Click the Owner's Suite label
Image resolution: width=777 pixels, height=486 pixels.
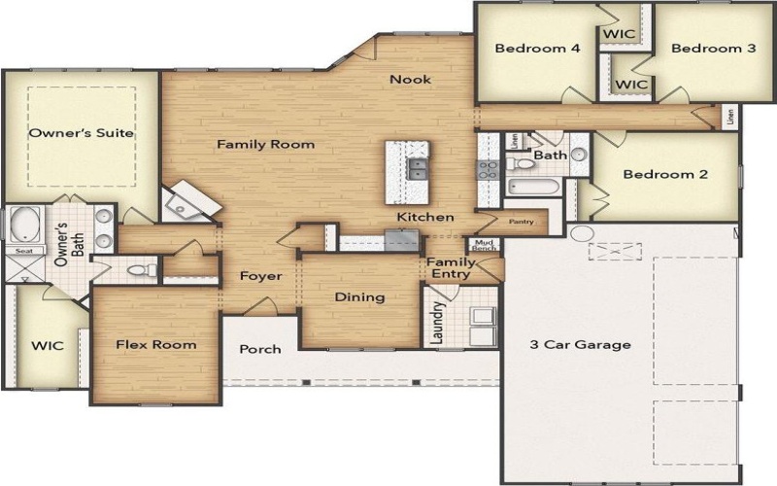(81, 132)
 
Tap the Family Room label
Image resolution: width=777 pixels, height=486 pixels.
(265, 144)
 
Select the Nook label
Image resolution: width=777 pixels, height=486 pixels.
(410, 79)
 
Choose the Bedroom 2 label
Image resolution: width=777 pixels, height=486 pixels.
(665, 175)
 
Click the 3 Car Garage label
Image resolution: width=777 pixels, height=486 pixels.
(580, 344)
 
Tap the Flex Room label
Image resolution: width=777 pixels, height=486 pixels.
(155, 344)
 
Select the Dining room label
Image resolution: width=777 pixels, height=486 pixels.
(359, 296)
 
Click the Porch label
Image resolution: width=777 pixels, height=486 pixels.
(259, 349)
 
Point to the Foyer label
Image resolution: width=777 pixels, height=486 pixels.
(260, 276)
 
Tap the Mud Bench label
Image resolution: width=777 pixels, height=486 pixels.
(484, 244)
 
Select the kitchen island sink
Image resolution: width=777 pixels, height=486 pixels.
(418, 170)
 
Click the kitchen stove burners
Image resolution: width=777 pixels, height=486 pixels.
(487, 170)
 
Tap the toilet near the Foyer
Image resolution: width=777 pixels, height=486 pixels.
(144, 269)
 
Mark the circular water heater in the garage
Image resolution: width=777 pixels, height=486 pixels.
(581, 234)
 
